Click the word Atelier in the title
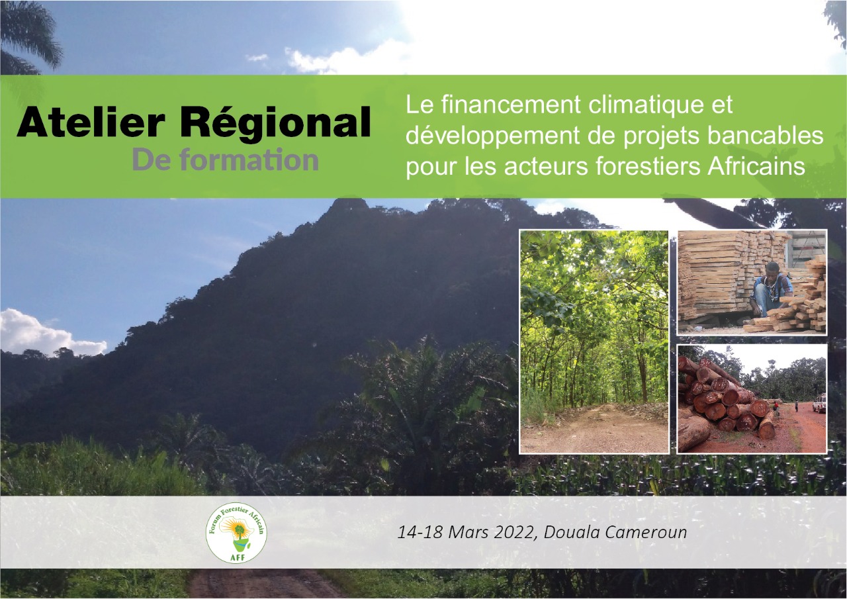pos(91,121)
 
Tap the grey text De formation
pos(226,160)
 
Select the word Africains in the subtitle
pos(756,166)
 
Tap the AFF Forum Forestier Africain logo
pos(236,532)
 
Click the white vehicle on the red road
pos(820,404)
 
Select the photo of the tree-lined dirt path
pos(594,342)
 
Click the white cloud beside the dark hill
pos(49,333)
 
